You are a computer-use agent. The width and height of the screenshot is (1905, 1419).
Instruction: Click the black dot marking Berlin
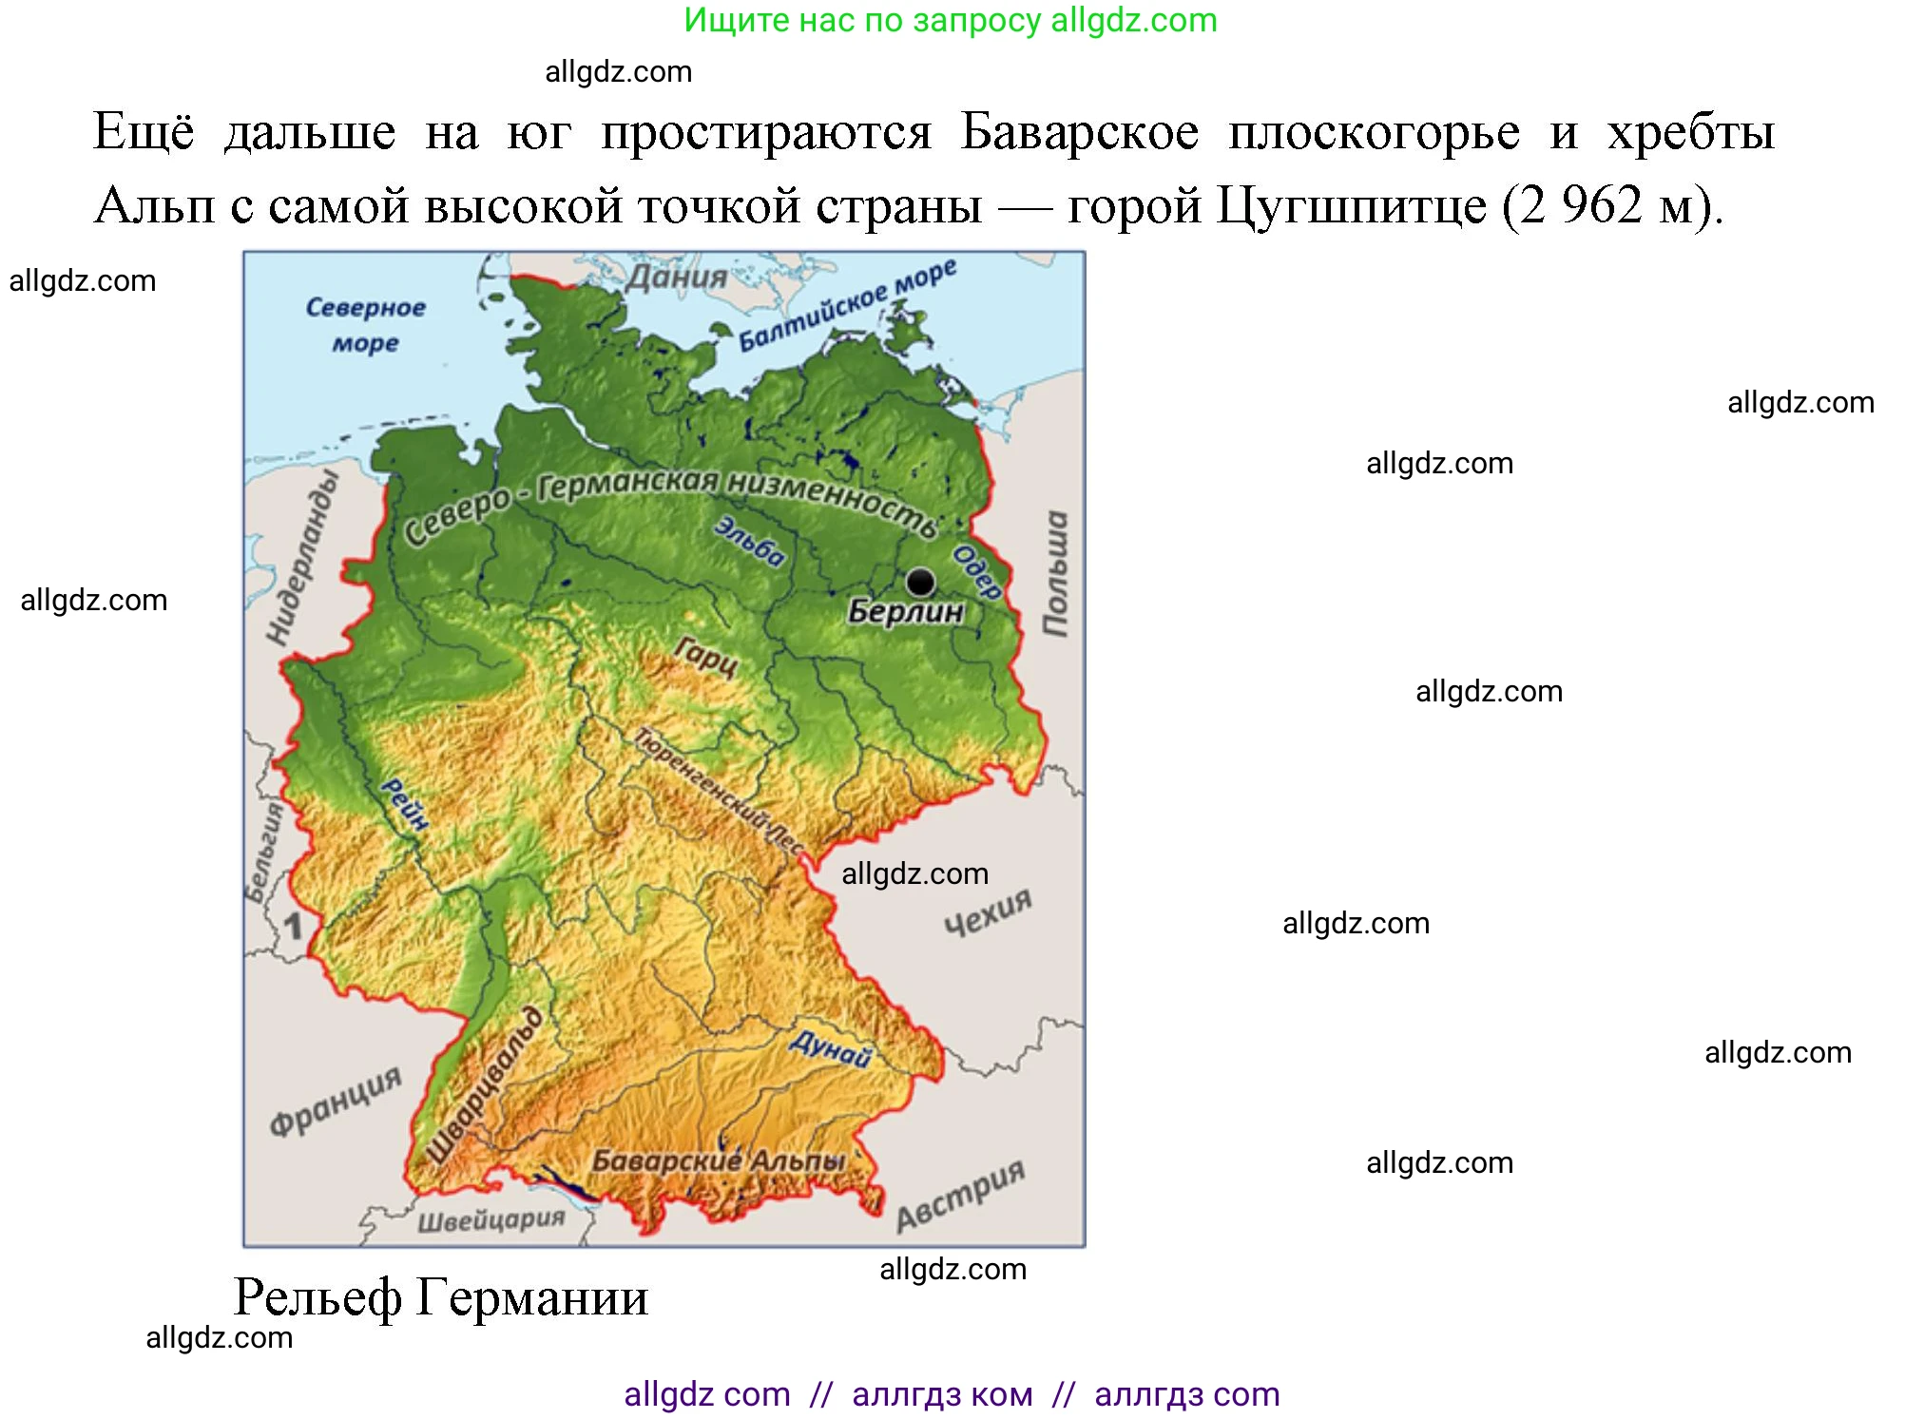tap(919, 581)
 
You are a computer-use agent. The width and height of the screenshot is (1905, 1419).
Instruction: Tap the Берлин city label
tap(905, 611)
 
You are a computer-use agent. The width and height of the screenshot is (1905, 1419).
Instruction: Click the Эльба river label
tap(751, 542)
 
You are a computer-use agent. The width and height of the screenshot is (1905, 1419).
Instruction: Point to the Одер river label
tap(977, 571)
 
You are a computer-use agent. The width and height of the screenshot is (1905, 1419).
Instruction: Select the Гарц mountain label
tap(706, 656)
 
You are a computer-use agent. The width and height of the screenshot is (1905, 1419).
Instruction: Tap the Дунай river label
tap(830, 1048)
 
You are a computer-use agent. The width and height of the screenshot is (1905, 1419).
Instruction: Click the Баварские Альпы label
tap(719, 1161)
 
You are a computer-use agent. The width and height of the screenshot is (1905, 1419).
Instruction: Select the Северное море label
tap(365, 324)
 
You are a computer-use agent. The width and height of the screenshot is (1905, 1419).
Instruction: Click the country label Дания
tap(676, 278)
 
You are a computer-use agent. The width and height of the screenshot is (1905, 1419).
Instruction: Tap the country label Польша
tap(1055, 573)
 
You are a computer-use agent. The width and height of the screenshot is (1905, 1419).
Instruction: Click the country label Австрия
tap(960, 1196)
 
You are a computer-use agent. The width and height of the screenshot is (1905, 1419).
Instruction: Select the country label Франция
tap(336, 1100)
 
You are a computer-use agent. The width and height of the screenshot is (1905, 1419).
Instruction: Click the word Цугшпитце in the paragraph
tap(1352, 205)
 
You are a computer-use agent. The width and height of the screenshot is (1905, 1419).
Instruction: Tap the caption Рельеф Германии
tap(441, 1297)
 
